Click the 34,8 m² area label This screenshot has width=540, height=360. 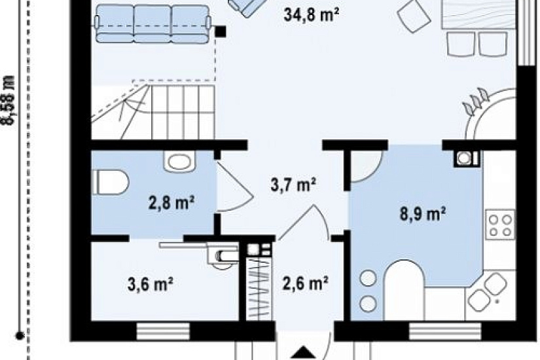point(312,16)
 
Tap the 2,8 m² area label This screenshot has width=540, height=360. point(171,203)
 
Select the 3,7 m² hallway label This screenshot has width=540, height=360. point(293,185)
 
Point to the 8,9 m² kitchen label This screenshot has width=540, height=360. point(423,213)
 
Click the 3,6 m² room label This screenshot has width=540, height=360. point(150,285)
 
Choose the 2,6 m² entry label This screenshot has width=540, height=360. point(305,283)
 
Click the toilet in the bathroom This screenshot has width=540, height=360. point(110,182)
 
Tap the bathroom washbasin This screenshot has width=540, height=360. point(179,161)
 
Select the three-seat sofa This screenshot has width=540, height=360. point(153,24)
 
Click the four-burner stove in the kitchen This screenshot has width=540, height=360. point(500,225)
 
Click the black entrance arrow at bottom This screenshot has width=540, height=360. point(304,353)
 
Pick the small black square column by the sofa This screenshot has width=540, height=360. point(221,31)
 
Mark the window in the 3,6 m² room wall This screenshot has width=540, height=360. point(163,331)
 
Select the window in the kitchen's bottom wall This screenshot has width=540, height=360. point(445,331)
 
